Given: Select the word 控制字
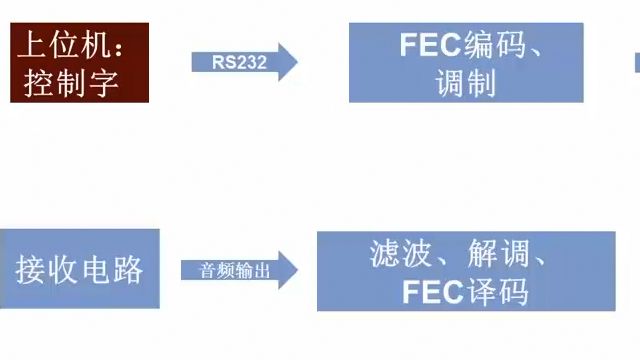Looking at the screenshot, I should pos(66,82).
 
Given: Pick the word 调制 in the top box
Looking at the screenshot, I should pos(466,83).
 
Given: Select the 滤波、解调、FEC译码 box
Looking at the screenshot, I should pos(465,271).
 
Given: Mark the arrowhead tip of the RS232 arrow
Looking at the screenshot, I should pos(296,61).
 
